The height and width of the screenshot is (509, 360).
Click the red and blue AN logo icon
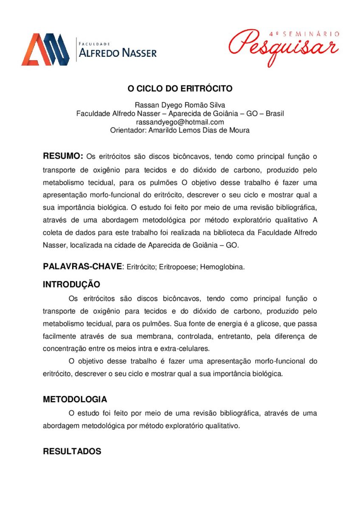tap(45, 49)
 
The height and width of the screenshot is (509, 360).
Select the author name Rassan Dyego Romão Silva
tap(180, 105)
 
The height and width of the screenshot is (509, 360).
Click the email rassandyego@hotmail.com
tap(180, 122)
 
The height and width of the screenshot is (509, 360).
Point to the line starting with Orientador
tap(180, 131)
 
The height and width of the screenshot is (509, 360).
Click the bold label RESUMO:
tap(63, 156)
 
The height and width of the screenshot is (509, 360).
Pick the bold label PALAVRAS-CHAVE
tap(82, 266)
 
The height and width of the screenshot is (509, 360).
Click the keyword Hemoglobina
tap(222, 267)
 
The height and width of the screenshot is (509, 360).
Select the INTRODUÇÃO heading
tap(71, 284)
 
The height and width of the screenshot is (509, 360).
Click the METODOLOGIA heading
tap(75, 400)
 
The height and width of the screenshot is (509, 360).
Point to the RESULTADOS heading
tap(72, 451)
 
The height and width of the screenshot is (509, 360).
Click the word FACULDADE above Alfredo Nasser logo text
tap(95, 43)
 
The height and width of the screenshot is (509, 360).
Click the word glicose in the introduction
tap(267, 324)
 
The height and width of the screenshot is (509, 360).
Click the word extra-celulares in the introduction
tap(188, 349)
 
